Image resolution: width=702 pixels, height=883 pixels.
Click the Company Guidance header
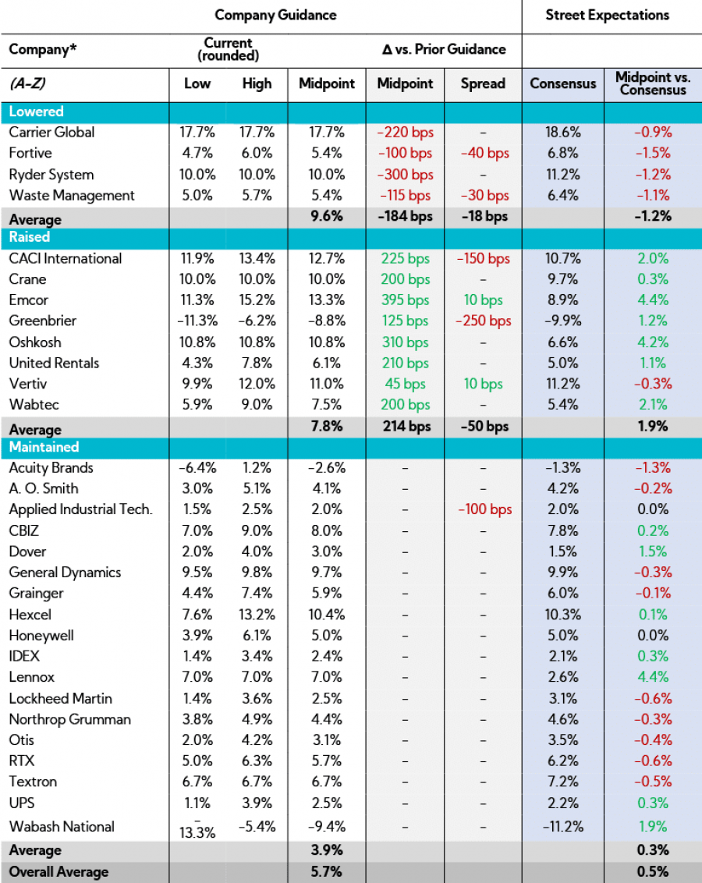point(275,15)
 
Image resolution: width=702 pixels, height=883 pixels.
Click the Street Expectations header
point(607,15)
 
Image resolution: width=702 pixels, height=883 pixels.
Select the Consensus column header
point(562,83)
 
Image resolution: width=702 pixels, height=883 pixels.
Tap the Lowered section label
point(36,112)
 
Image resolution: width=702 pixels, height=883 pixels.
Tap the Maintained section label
point(44,447)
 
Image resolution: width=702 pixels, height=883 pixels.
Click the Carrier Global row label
point(51,132)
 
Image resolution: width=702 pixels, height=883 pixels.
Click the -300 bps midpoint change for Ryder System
point(404,174)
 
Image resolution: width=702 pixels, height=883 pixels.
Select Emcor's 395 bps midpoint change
point(404,300)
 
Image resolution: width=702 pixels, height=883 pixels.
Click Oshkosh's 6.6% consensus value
point(562,342)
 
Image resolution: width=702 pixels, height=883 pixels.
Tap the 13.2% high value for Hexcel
point(257,615)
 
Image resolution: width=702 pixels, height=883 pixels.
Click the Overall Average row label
point(58,872)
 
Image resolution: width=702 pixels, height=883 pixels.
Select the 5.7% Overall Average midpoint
point(327,872)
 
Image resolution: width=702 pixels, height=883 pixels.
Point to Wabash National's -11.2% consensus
point(562,827)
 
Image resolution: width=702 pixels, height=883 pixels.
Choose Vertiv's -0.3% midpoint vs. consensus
point(652,384)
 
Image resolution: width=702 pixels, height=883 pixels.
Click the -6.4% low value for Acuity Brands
point(197,467)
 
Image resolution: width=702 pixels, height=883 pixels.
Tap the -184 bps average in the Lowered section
point(404,216)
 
